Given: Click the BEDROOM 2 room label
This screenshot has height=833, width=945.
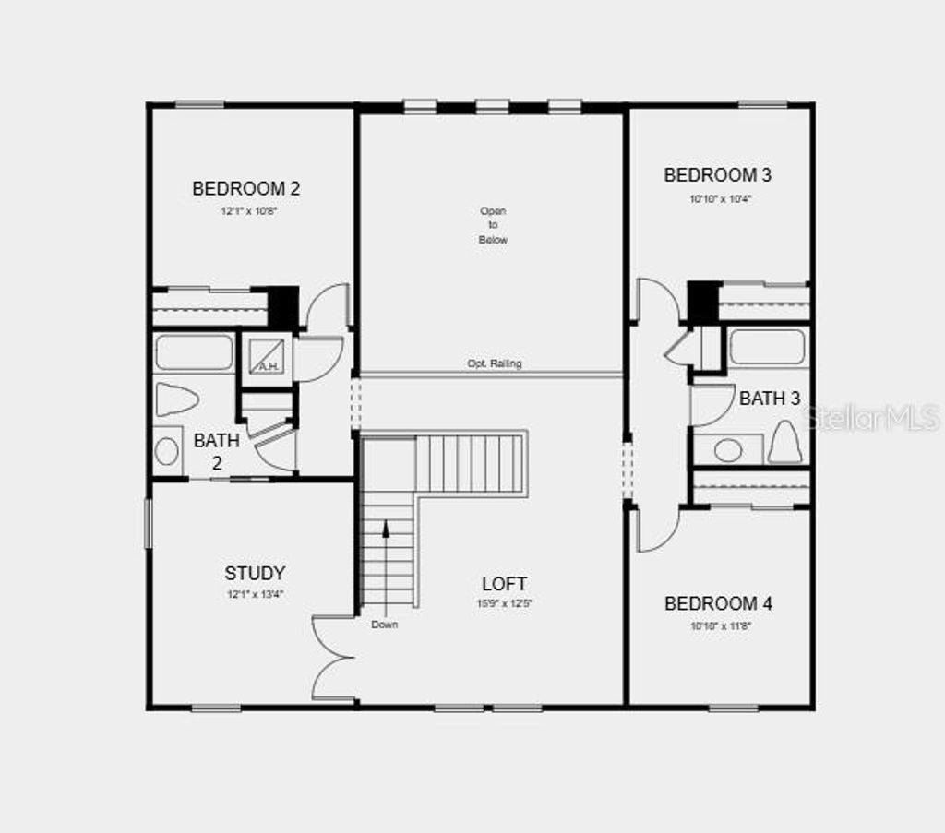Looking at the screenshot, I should pos(245,188).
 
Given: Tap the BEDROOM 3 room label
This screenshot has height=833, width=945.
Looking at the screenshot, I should pos(717,174).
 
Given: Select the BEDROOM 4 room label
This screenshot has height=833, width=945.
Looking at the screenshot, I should pos(718,603).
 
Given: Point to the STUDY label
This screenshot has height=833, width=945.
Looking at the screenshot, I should pos(255,573).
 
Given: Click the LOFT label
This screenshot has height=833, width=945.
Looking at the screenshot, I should pos(504,583).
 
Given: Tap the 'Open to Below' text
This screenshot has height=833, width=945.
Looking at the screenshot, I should pos(493,225).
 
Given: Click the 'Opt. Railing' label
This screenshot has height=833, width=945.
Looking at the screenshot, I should pos(494,363).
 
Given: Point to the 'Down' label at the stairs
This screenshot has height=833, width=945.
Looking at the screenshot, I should pos(385,625).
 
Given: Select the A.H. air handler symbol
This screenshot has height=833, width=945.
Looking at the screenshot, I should pos(268,355).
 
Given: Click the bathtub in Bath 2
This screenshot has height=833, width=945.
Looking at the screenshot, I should pos(194,352).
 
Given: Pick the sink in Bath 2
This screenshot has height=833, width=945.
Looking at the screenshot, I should pos(167,451).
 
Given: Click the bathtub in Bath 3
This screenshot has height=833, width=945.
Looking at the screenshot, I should pos(767,348).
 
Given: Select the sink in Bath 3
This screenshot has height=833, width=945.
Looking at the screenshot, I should pos(728,450).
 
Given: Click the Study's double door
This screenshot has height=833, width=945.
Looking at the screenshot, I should pos(334,658).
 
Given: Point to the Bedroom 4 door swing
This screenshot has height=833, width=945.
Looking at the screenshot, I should pos(656,530).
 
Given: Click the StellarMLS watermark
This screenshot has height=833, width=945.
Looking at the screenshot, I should pos(872,418).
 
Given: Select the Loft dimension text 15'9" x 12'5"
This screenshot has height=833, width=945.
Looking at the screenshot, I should pos(504,605).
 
